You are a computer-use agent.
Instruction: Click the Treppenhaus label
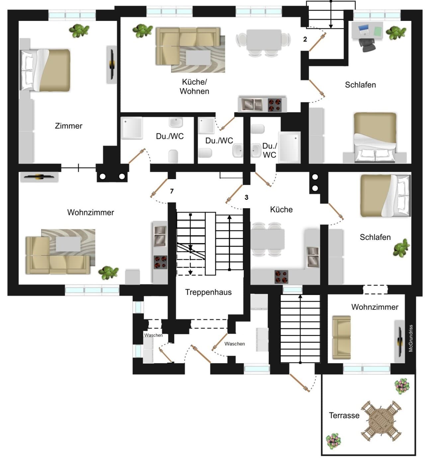pyautogui.click(x=208, y=292)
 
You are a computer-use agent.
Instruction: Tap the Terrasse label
pyautogui.click(x=344, y=415)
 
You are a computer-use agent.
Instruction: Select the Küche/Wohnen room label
pyautogui.click(x=194, y=86)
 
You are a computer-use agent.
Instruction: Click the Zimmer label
pyautogui.click(x=68, y=126)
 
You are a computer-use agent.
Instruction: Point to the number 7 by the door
pyautogui.click(x=172, y=191)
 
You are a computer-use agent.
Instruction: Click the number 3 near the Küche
pyautogui.click(x=246, y=197)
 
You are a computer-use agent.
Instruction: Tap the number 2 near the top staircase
pyautogui.click(x=305, y=40)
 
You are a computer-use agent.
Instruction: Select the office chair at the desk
pyautogui.click(x=367, y=45)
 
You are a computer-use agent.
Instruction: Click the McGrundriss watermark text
pyautogui.click(x=411, y=338)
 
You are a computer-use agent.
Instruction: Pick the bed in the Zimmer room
pyautogui.click(x=45, y=70)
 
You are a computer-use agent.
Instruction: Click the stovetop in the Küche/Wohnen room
pyautogui.click(x=275, y=105)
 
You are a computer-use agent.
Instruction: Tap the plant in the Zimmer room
pyautogui.click(x=79, y=31)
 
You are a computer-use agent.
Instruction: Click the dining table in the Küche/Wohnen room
pyautogui.click(x=264, y=40)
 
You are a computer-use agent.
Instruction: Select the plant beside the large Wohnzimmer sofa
pyautogui.click(x=108, y=273)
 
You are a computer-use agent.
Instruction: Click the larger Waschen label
pyautogui.click(x=235, y=344)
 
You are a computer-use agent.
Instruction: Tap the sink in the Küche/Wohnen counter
pyautogui.click(x=252, y=105)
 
